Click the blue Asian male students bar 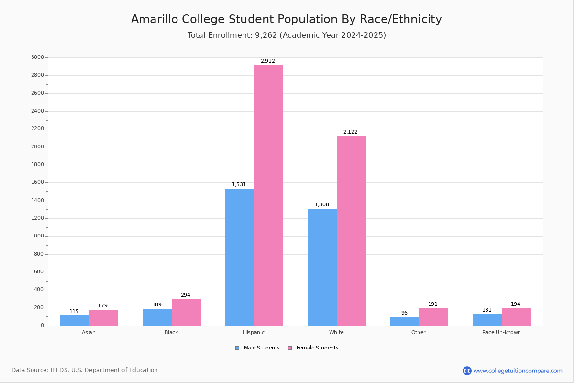point(75,321)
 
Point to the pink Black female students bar point(186,313)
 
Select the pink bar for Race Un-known point(516,317)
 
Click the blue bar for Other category point(405,321)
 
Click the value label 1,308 point(321,205)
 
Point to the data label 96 point(404,313)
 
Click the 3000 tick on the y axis point(37,57)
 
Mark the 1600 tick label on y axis point(37,182)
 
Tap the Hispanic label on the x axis point(254,332)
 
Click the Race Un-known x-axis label point(501,332)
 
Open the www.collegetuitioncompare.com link point(518,371)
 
